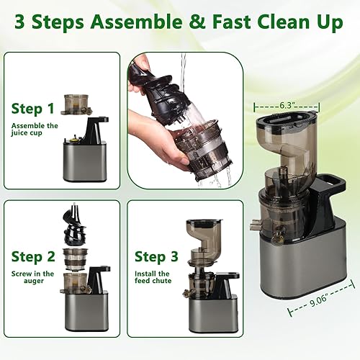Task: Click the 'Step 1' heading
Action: click(x=32, y=109)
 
